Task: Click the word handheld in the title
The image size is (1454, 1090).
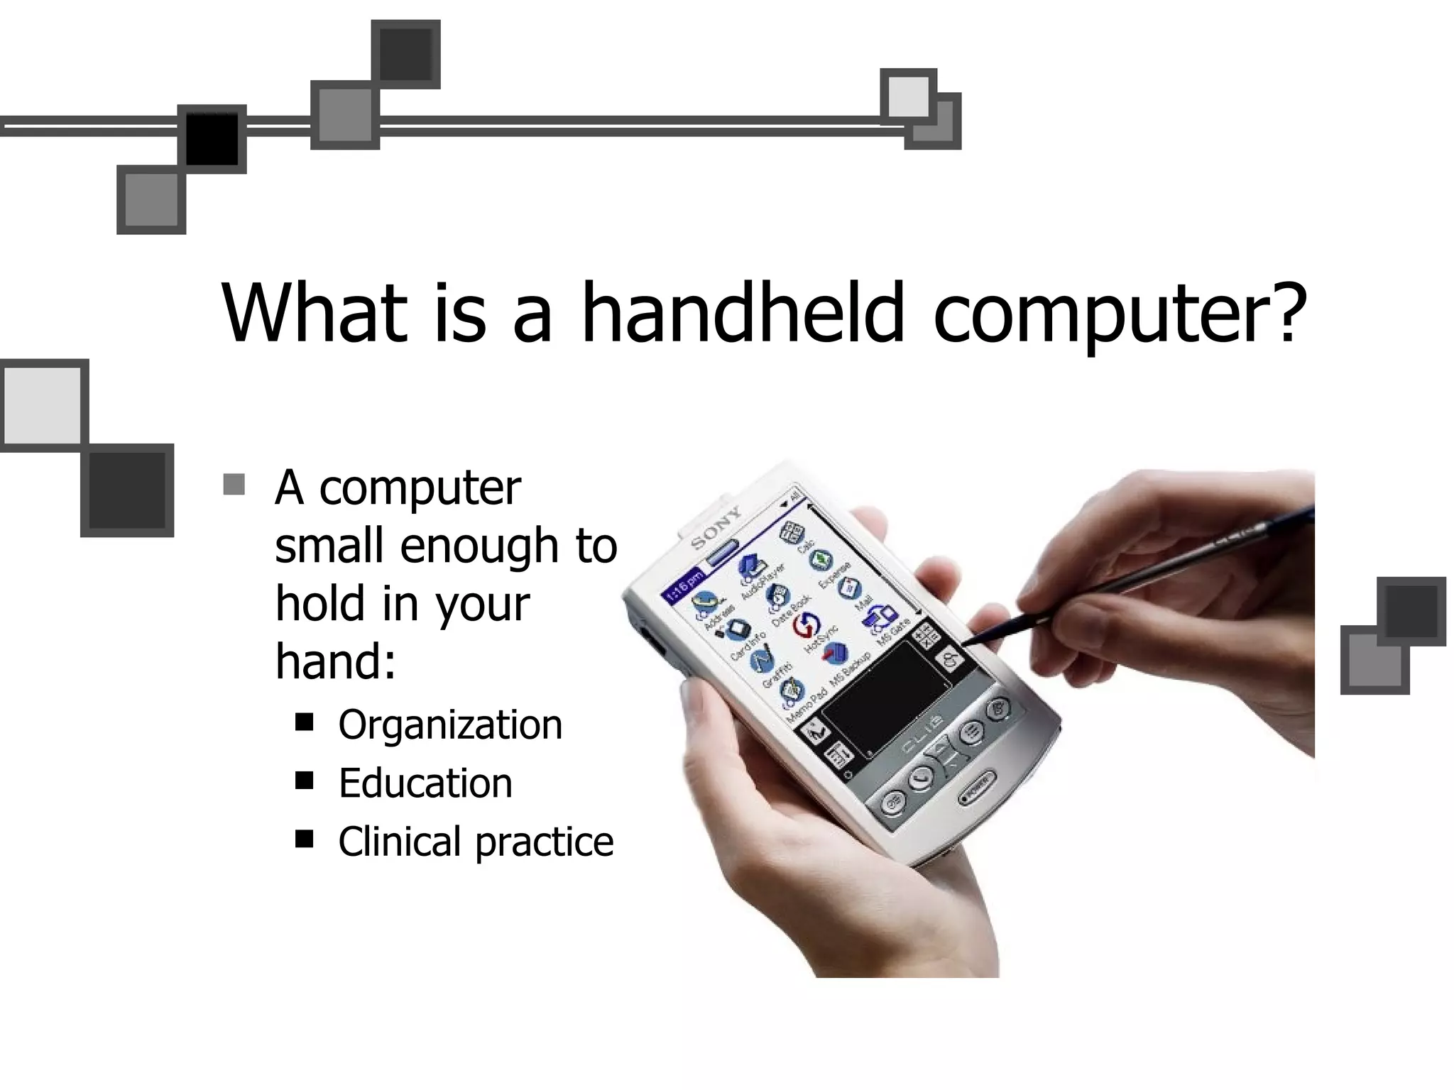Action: click(x=743, y=312)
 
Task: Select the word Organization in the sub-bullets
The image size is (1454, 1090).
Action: click(x=450, y=725)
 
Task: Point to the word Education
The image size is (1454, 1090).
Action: click(x=425, y=783)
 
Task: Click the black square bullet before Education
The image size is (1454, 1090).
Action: click(x=305, y=781)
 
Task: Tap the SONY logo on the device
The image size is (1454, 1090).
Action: click(x=716, y=527)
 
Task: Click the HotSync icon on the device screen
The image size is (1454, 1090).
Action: click(x=806, y=625)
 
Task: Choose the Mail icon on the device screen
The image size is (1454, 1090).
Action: click(x=849, y=588)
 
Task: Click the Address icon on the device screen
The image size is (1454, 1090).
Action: click(x=704, y=602)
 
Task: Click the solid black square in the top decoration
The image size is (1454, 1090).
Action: click(x=212, y=138)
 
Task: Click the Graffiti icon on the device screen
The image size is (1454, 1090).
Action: click(x=762, y=661)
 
